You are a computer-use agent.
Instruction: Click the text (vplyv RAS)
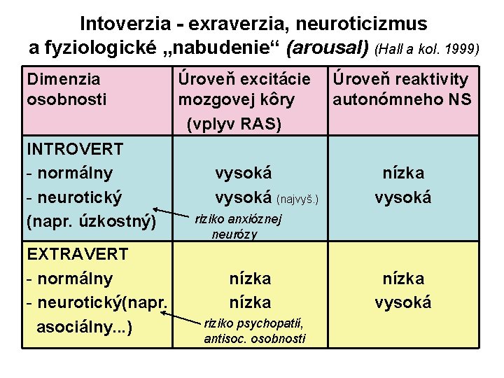[234, 124]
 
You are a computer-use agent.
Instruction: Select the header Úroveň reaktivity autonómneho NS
[402, 90]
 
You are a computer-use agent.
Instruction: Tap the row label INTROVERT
[74, 149]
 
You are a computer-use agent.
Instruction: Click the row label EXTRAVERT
[77, 253]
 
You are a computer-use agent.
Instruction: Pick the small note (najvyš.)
[299, 200]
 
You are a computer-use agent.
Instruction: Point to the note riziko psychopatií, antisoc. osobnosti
[255, 331]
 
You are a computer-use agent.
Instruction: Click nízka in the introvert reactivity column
[402, 173]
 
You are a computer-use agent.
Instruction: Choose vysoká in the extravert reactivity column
[402, 302]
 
